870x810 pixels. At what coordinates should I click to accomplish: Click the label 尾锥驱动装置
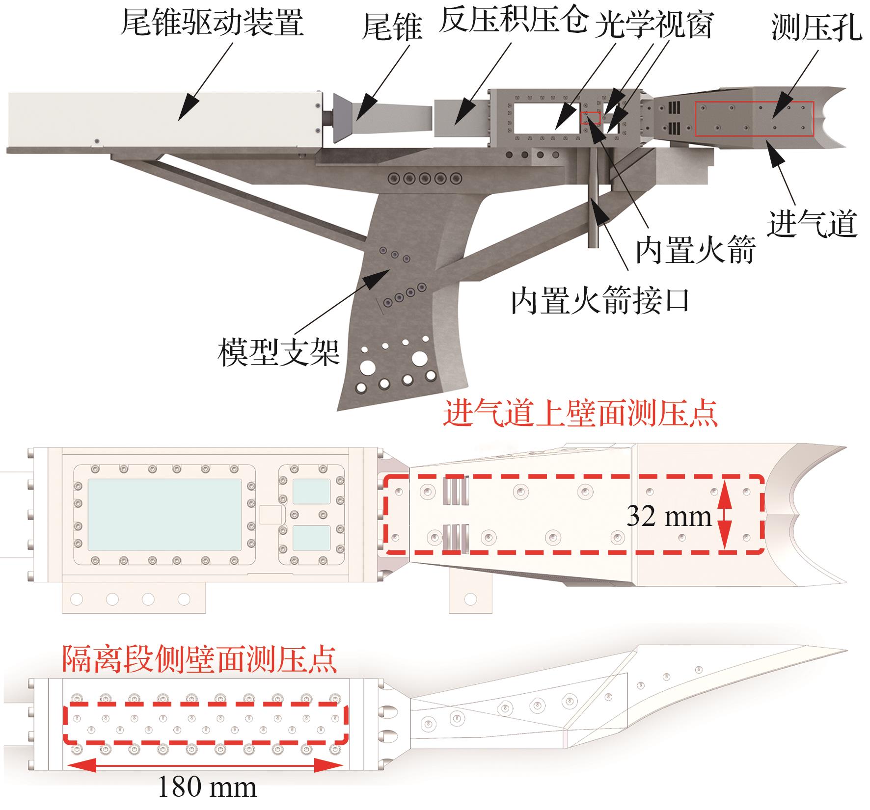click(212, 23)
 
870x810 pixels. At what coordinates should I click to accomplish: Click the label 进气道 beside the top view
click(812, 224)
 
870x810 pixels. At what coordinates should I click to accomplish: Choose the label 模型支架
click(278, 352)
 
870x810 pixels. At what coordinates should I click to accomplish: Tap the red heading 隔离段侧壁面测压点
click(199, 658)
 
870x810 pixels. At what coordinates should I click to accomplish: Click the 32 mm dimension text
click(669, 516)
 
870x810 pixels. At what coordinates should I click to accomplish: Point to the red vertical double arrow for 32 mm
click(725, 516)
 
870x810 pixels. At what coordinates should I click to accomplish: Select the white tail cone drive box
click(164, 119)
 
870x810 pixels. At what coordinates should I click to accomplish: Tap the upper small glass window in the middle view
click(311, 491)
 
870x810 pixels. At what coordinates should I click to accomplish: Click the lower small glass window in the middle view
click(311, 538)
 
